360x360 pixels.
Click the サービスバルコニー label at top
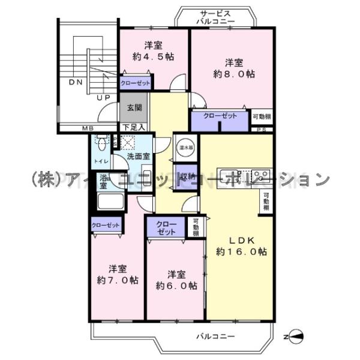(x=215, y=17)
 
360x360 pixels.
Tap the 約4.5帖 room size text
(x=153, y=56)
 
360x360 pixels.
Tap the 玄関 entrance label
(x=134, y=109)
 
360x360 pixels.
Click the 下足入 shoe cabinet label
(x=134, y=127)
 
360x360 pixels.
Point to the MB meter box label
(x=88, y=127)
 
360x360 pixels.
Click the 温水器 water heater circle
(x=184, y=146)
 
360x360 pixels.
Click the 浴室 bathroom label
(x=103, y=182)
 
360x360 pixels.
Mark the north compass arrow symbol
(x=298, y=337)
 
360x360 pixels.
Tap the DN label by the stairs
(x=75, y=82)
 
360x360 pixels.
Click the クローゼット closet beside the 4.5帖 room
(x=135, y=83)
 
